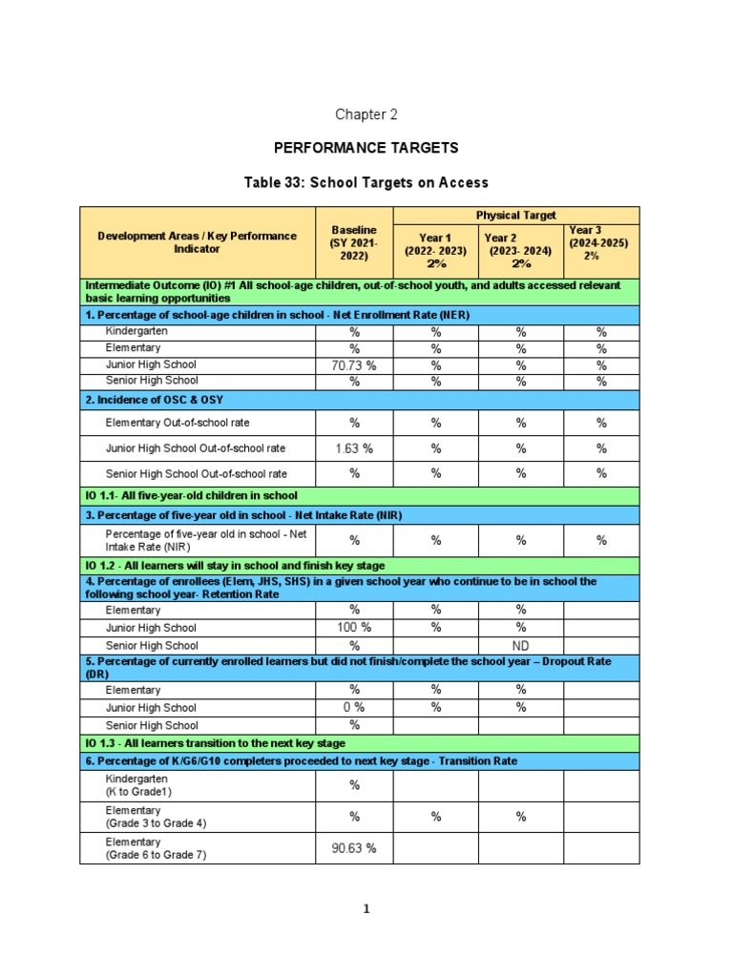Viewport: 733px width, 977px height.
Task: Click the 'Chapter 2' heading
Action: (366, 114)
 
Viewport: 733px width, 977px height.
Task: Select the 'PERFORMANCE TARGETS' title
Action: (366, 148)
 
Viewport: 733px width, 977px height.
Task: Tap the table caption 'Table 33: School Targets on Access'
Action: (366, 182)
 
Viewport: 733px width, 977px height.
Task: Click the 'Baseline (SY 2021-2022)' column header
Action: (354, 243)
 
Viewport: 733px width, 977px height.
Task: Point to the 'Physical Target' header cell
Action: (515, 215)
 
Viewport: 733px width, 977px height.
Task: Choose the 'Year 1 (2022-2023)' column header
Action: (434, 250)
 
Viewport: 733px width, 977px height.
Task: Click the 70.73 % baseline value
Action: (353, 365)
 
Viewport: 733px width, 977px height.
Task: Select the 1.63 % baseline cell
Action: (353, 448)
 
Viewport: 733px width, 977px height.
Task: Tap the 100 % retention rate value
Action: (353, 628)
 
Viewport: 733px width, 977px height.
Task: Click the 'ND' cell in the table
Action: (520, 645)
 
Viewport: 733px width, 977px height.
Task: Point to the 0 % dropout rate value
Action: (353, 708)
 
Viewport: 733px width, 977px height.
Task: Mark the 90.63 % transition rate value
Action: (353, 848)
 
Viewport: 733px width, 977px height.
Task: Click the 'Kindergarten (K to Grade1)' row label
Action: (139, 785)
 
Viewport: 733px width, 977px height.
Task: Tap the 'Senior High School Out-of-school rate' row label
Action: (196, 474)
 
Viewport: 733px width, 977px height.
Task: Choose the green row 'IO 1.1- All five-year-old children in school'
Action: (192, 496)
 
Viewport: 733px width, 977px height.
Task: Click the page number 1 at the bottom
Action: (366, 909)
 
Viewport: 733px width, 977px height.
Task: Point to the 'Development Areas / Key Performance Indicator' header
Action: (197, 242)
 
